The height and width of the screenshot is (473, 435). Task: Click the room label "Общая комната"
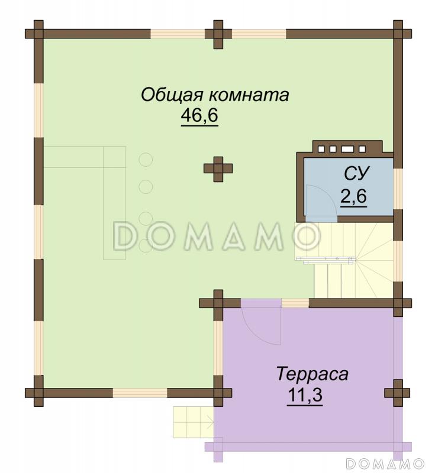pos(214,95)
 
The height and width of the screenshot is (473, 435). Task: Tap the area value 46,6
pos(199,116)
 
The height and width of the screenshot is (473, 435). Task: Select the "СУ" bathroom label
pos(356,173)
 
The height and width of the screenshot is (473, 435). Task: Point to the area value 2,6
pos(353,196)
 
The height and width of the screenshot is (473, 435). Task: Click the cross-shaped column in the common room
pos(218,169)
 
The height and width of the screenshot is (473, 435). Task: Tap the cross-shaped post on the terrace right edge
pos(397,393)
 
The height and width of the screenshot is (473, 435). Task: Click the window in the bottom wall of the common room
pos(140,393)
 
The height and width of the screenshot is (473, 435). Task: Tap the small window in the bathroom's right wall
pos(398,189)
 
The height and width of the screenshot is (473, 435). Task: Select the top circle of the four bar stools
pos(146,160)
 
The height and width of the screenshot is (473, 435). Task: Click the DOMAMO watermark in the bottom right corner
pos(385,462)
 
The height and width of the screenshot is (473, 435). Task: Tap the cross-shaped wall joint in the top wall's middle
pos(218,34)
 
